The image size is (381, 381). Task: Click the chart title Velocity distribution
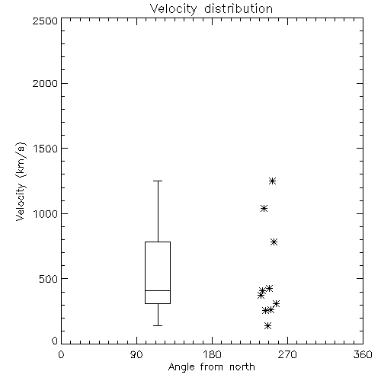pos(211,9)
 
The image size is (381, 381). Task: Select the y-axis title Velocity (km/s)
pos(21,181)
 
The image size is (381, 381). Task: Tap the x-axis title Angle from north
pos(211,367)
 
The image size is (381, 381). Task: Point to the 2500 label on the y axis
pos(45,21)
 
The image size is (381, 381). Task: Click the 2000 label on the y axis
pos(45,83)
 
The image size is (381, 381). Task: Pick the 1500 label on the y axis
pos(46,149)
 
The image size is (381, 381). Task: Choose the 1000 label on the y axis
pos(46,213)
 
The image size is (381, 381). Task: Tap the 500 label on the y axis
pos(48,279)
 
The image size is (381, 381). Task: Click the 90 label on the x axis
pos(136,354)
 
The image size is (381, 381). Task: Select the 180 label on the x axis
pos(212,354)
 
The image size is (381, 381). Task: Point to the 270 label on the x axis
pos(287,354)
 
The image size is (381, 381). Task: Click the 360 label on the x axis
pos(363,354)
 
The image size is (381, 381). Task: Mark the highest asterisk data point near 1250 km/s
pos(272,181)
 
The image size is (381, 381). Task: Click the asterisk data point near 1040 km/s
pos(264,209)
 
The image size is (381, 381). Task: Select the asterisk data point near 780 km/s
pos(274,242)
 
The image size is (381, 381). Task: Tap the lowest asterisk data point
pos(267,325)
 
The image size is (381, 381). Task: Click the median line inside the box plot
pos(158,290)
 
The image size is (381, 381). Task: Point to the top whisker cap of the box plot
pos(158,181)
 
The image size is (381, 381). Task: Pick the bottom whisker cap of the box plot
pos(158,325)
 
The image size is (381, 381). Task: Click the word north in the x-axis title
pos(242,367)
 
